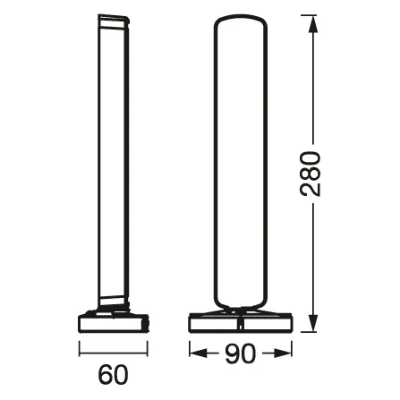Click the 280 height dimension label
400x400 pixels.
312,175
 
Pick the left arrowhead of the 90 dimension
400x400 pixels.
196,354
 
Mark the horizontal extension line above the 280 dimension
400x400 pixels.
295,17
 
